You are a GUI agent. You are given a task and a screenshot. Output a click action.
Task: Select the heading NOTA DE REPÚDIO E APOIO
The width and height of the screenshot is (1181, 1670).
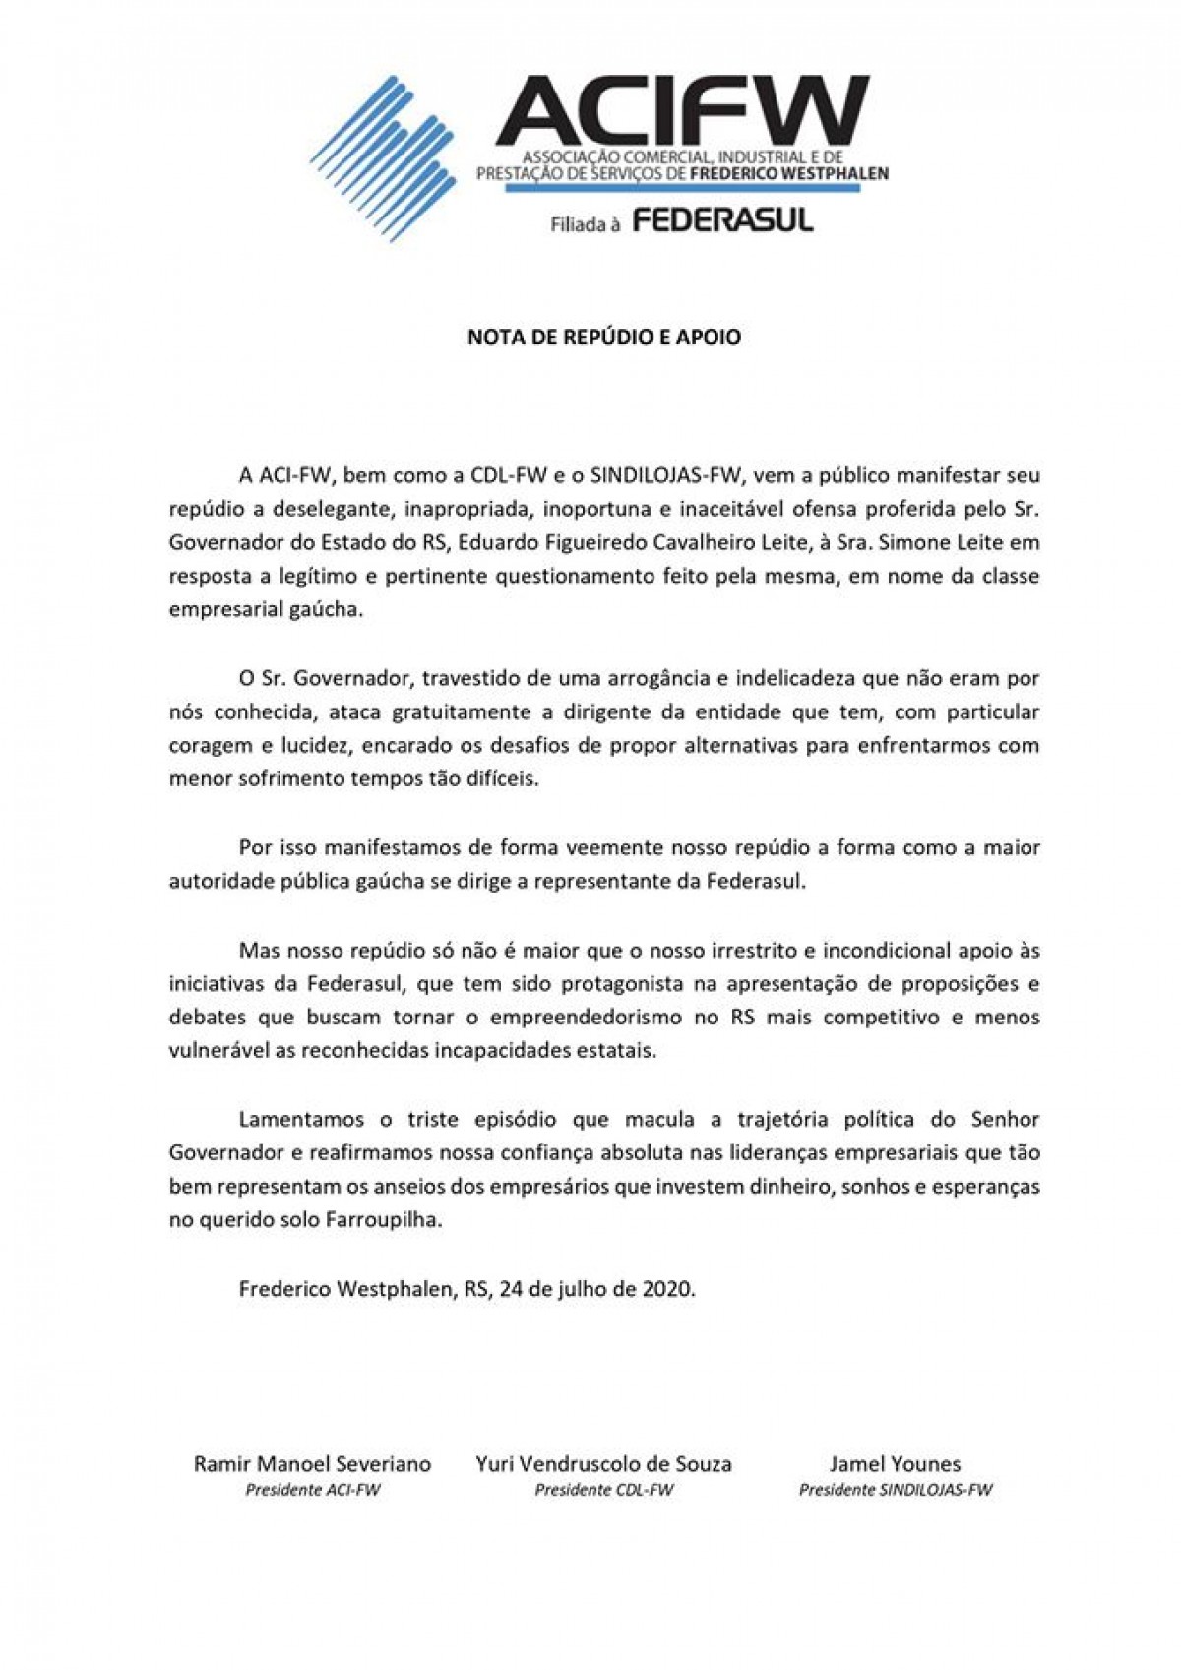click(x=603, y=338)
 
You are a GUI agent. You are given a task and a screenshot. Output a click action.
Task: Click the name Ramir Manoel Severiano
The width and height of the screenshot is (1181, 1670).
click(x=312, y=1463)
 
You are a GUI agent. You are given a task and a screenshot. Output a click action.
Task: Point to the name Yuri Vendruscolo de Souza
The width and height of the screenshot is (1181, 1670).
click(x=603, y=1463)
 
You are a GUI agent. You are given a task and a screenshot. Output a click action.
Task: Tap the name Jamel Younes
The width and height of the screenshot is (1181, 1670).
click(x=895, y=1463)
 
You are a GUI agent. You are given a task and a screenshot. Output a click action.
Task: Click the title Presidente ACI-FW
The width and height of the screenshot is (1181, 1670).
click(x=312, y=1490)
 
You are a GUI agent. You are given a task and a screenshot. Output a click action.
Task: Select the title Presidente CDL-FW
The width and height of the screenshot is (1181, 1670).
click(x=603, y=1490)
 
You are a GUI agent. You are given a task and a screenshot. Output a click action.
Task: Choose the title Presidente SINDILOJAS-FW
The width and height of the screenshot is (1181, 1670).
click(x=895, y=1490)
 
